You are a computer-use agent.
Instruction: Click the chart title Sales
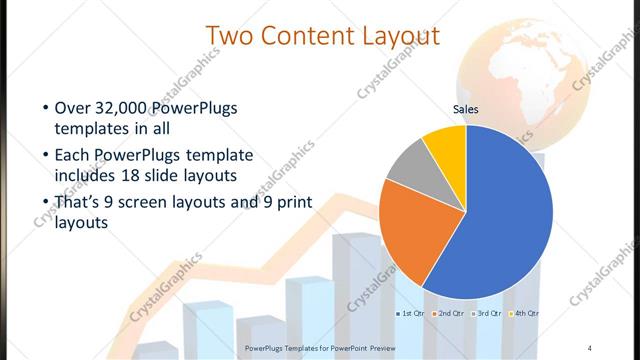click(466, 109)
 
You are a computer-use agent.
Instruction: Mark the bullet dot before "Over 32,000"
click(45, 108)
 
